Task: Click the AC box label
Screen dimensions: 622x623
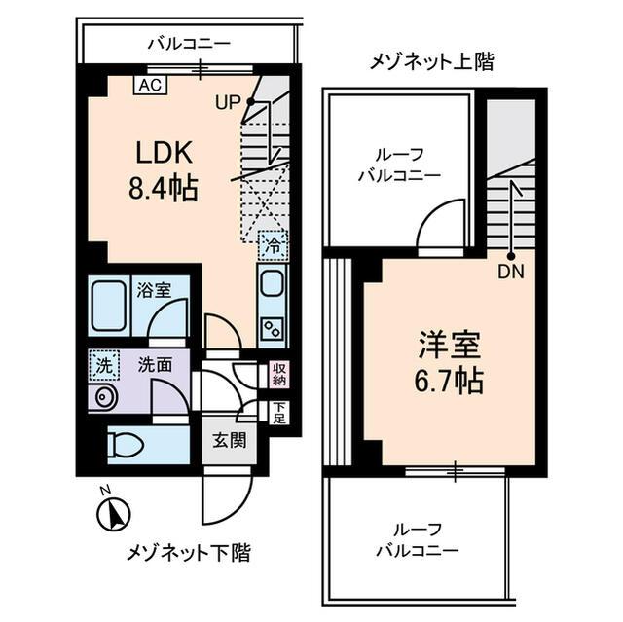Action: coord(149,85)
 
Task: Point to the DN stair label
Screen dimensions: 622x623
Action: coord(509,273)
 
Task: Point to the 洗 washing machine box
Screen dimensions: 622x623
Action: coord(102,364)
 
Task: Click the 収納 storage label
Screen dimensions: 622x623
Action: coord(279,373)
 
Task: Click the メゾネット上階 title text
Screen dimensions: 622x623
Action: coord(431,63)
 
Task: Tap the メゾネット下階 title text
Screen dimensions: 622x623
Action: coord(189,554)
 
